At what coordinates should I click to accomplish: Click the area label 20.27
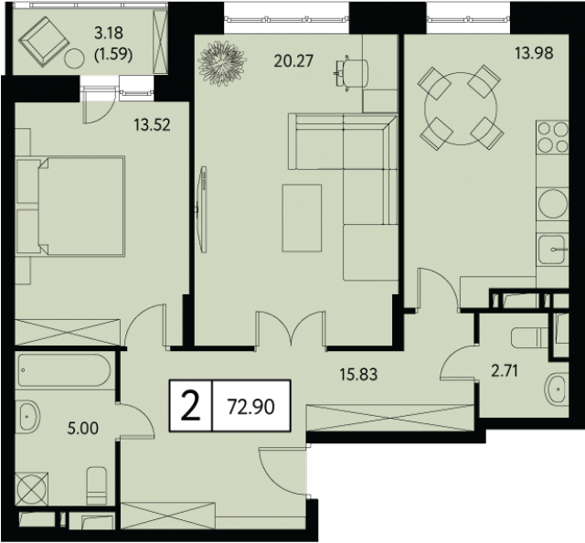[x=293, y=61]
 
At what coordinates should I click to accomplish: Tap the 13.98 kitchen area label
[x=534, y=53]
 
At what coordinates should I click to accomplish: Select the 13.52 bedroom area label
[x=153, y=124]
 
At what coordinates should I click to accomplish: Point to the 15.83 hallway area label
[x=358, y=374]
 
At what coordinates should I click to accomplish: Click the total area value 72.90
[x=251, y=407]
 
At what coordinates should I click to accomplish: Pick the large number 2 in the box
[x=191, y=407]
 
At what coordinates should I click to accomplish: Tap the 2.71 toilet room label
[x=505, y=371]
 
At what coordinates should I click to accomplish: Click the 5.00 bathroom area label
[x=83, y=428]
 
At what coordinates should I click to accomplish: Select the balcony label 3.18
[x=109, y=33]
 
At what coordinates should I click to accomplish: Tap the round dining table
[x=461, y=109]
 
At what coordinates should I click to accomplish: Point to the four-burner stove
[x=552, y=137]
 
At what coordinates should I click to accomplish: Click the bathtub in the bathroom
[x=64, y=370]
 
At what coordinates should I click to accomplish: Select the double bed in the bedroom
[x=70, y=206]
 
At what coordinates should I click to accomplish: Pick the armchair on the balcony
[x=45, y=42]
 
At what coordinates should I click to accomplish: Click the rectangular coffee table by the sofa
[x=302, y=218]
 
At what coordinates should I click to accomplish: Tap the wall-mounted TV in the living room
[x=202, y=209]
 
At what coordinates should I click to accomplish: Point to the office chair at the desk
[x=351, y=72]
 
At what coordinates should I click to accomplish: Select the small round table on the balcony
[x=75, y=59]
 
